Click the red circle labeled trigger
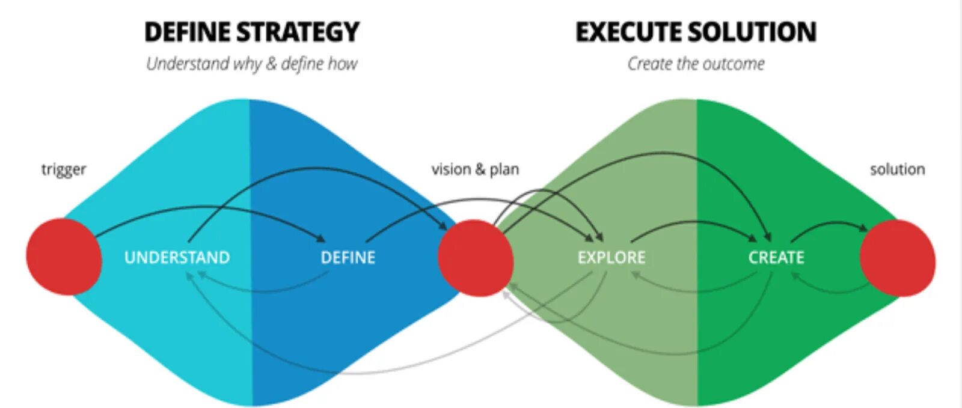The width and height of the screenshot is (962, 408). point(64,257)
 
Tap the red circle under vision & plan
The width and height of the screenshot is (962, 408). point(476,258)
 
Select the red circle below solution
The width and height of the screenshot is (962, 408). point(897,258)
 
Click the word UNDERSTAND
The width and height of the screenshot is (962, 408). point(177,258)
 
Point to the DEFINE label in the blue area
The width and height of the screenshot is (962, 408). point(348,258)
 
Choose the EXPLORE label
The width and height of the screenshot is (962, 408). point(611,258)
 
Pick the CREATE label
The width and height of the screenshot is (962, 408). point(776,258)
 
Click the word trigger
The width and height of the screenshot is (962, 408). point(63,170)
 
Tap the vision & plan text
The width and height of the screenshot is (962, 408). point(475,169)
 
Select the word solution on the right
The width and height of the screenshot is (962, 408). point(897,169)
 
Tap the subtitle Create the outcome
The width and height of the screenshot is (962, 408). point(696,64)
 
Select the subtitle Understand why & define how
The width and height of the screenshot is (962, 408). point(252,64)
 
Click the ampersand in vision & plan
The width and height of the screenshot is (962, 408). point(479,169)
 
